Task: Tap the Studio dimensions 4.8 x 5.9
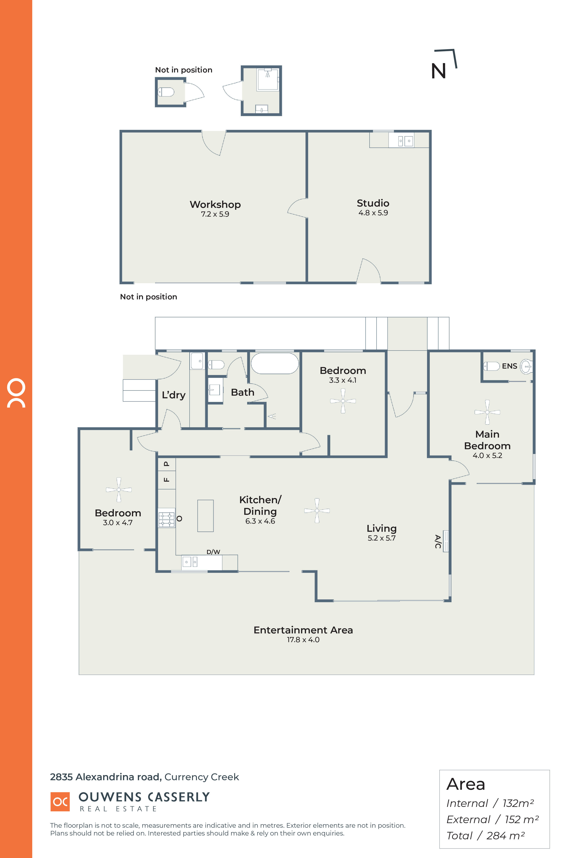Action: (373, 213)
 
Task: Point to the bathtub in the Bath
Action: (275, 363)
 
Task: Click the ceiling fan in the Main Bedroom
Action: (487, 412)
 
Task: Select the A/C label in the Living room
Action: (438, 541)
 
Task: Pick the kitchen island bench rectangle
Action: (205, 515)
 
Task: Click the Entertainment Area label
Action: (303, 630)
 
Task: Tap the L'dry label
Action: (174, 395)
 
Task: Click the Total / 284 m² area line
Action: (486, 836)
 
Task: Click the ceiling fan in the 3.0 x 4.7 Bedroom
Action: (119, 490)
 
